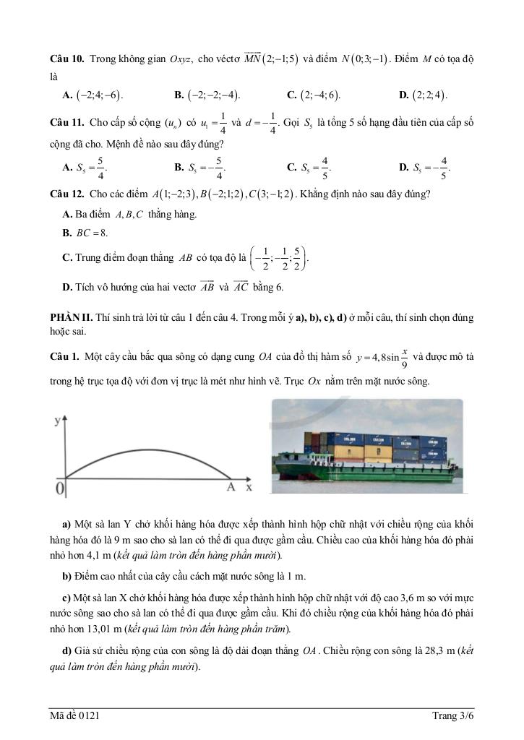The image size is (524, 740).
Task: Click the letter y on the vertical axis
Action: tap(56, 421)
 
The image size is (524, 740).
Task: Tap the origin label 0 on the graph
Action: tap(61, 489)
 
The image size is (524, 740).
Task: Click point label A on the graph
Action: tap(231, 488)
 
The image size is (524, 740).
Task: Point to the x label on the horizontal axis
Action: tap(249, 488)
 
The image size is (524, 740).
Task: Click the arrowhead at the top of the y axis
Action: tap(66, 418)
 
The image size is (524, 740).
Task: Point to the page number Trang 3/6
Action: tap(452, 715)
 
